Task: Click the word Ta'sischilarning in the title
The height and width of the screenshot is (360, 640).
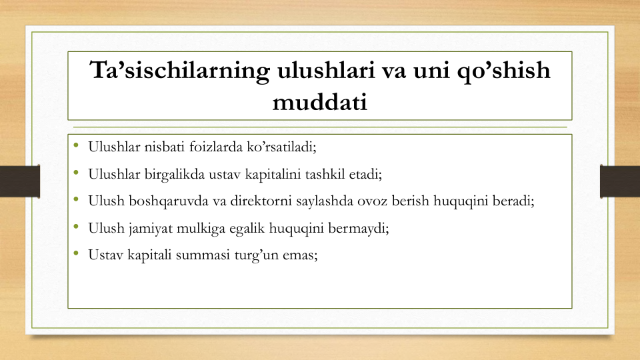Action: [179, 71]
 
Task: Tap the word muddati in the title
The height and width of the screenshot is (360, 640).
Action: [320, 102]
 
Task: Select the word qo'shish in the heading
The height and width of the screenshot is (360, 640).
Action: [503, 71]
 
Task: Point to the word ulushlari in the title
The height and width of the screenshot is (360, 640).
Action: [326, 70]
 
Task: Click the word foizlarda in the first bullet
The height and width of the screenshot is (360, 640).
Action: [216, 147]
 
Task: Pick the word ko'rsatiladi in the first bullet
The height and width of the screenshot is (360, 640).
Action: [281, 147]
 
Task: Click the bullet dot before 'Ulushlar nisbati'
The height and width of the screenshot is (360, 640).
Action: [76, 145]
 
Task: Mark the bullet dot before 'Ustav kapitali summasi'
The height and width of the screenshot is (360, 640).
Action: [76, 253]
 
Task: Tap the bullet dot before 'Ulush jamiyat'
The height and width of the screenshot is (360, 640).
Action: [76, 226]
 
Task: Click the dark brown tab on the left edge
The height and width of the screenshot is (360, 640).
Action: [20, 181]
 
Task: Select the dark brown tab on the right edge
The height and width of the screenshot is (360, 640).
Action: [620, 181]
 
